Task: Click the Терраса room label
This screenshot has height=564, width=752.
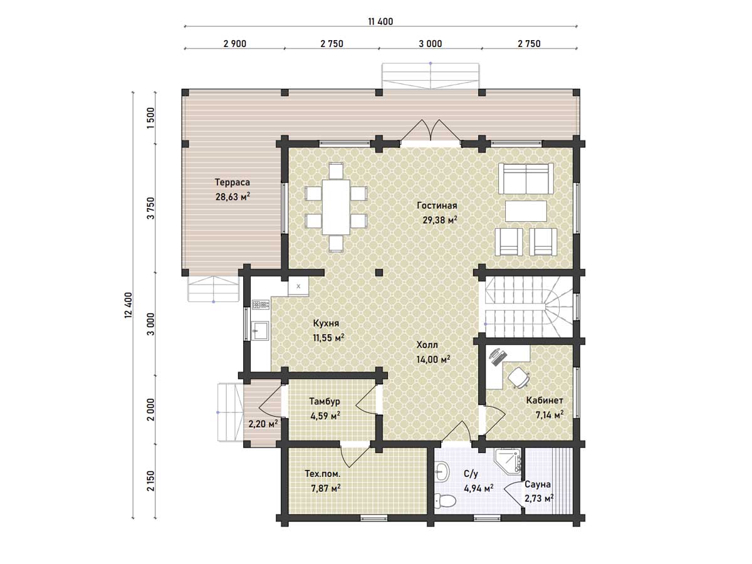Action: (232, 182)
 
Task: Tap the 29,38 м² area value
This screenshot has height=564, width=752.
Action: (439, 220)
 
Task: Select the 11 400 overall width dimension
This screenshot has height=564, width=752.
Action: (380, 21)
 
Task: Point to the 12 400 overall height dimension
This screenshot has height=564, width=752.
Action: (128, 305)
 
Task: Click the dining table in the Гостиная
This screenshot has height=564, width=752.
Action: (336, 207)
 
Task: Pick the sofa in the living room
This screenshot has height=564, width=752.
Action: (526, 179)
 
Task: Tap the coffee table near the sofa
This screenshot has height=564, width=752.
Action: (526, 211)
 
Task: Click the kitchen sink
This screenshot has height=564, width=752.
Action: (260, 330)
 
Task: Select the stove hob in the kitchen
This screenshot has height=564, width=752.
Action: (261, 305)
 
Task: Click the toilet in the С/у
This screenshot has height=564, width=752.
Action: (445, 501)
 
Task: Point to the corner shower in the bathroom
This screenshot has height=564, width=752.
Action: (508, 461)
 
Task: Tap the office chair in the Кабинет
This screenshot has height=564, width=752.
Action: (518, 378)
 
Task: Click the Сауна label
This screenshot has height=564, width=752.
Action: (538, 484)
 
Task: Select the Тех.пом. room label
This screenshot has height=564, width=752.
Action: (323, 474)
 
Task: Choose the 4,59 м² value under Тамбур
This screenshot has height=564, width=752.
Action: (325, 415)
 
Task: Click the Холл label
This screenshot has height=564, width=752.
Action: (427, 345)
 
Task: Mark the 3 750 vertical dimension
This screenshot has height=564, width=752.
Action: (151, 208)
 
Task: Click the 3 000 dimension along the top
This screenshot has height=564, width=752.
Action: (431, 44)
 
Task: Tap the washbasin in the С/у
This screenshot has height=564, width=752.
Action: (442, 471)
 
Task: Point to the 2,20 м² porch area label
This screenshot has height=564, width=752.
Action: (263, 424)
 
